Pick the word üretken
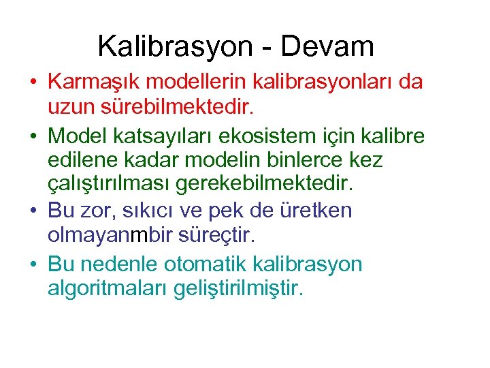pos(317,211)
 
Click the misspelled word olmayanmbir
pos(110,236)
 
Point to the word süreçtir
pos(215,236)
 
